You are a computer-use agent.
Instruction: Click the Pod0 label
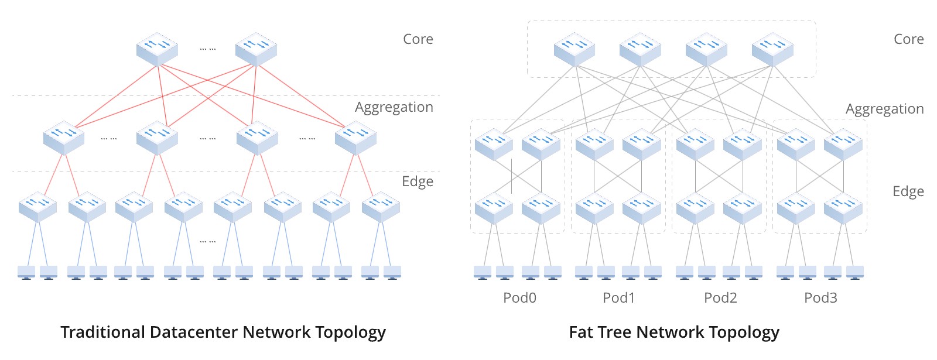point(519,298)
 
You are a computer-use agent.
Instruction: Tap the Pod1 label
point(618,298)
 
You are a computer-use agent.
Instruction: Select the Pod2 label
point(720,298)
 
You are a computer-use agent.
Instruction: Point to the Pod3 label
point(820,298)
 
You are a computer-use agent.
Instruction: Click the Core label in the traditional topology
point(418,39)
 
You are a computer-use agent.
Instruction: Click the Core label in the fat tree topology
point(908,39)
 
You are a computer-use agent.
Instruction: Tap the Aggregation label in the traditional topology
point(394,107)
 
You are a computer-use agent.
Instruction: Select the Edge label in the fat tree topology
point(908,191)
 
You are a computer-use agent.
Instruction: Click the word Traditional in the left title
point(103,332)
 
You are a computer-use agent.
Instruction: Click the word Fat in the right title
point(582,332)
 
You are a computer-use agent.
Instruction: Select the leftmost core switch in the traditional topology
point(157,49)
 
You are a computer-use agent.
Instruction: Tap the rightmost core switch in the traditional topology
point(256,49)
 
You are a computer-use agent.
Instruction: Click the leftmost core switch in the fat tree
point(574,49)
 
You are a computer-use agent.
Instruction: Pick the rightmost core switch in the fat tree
point(772,49)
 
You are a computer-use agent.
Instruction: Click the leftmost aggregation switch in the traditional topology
point(64,138)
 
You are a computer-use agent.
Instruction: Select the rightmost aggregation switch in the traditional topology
point(355,138)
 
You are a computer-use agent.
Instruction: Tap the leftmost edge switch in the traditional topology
point(38,207)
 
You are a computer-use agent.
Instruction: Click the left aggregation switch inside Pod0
point(494,144)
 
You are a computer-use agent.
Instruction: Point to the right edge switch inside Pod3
point(843,208)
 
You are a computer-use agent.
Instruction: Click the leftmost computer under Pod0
point(483,272)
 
